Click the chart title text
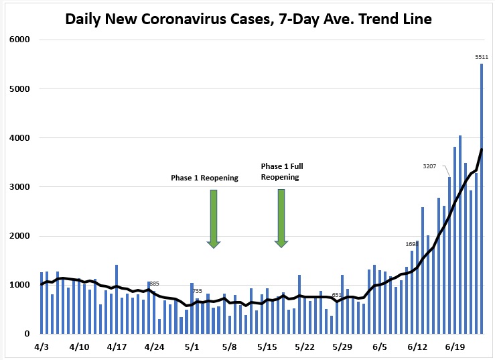tap(248, 19)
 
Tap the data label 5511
tap(481, 57)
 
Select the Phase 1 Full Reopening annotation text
tap(280, 172)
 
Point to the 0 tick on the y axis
tap(27, 334)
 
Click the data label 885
tap(153, 284)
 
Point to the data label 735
tap(197, 291)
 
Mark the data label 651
tap(337, 295)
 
